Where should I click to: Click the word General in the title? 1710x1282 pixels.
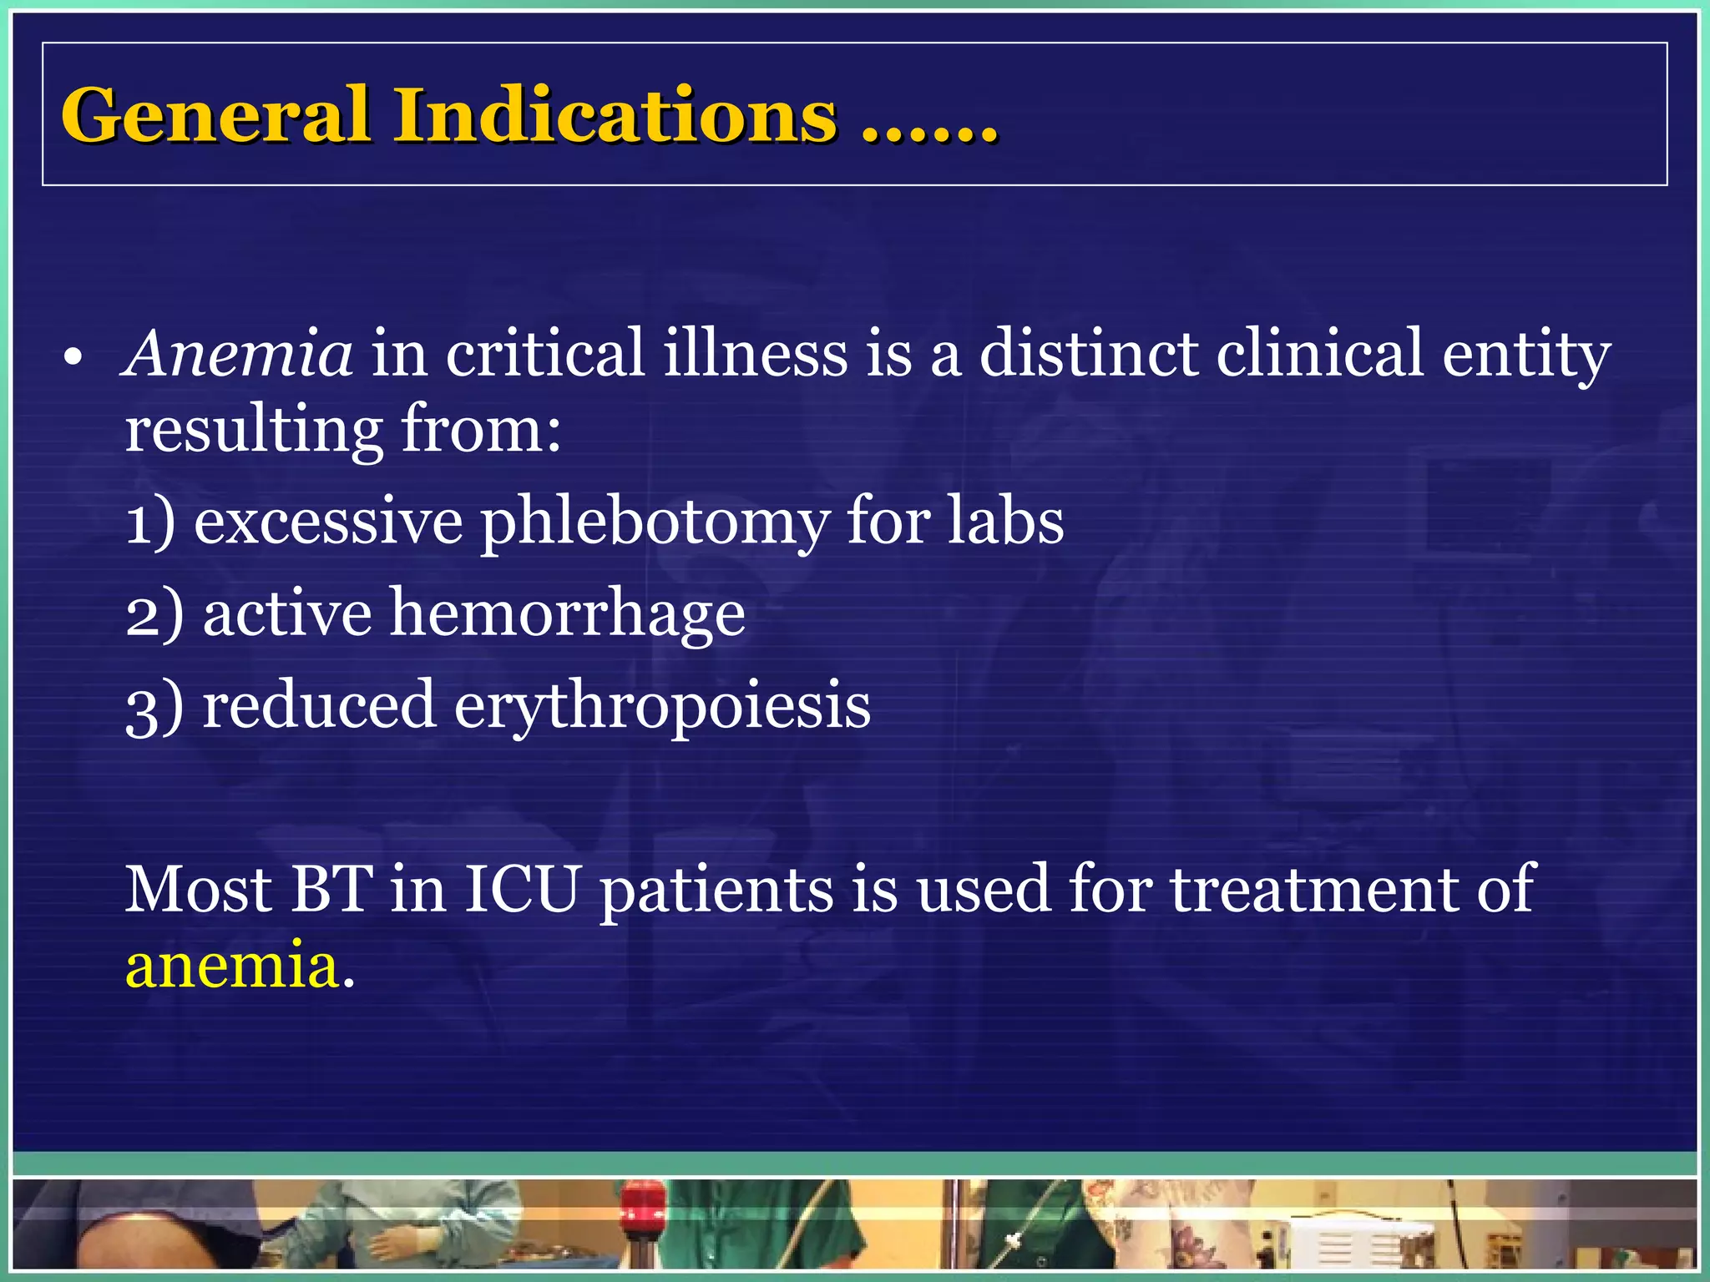pos(215,115)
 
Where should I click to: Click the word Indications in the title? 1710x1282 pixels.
pos(615,115)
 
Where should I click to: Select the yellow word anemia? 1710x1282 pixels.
pos(232,967)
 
